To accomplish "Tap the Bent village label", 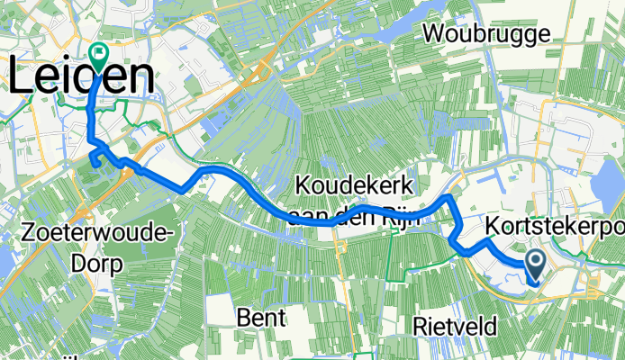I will [261, 317].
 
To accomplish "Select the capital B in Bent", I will [243, 317].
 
